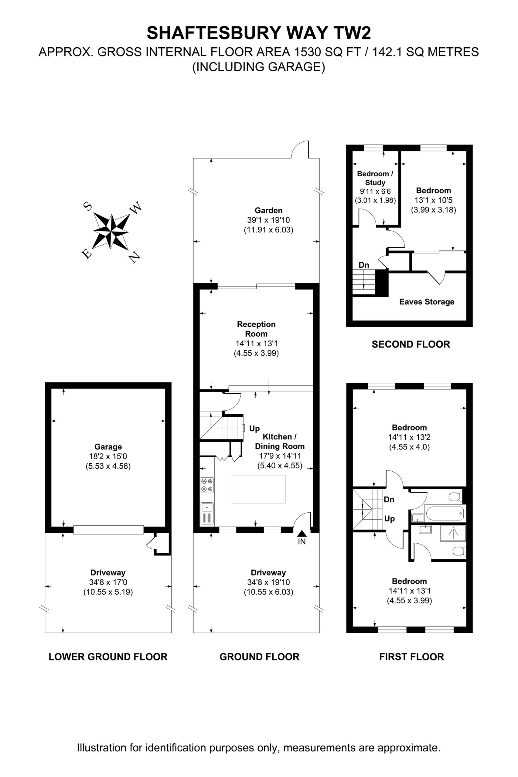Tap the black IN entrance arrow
coord(302,533)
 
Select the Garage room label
coord(108,447)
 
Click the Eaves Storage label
coord(427,302)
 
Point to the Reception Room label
coord(256,329)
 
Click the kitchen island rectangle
coord(258,489)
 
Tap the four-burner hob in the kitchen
coord(207,485)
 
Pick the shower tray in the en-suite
coord(453,533)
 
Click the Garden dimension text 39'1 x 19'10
coord(268,220)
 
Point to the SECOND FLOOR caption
coord(411,344)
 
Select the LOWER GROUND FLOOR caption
coord(108,657)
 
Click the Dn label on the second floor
coord(364,265)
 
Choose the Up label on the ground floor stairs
coord(254,429)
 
